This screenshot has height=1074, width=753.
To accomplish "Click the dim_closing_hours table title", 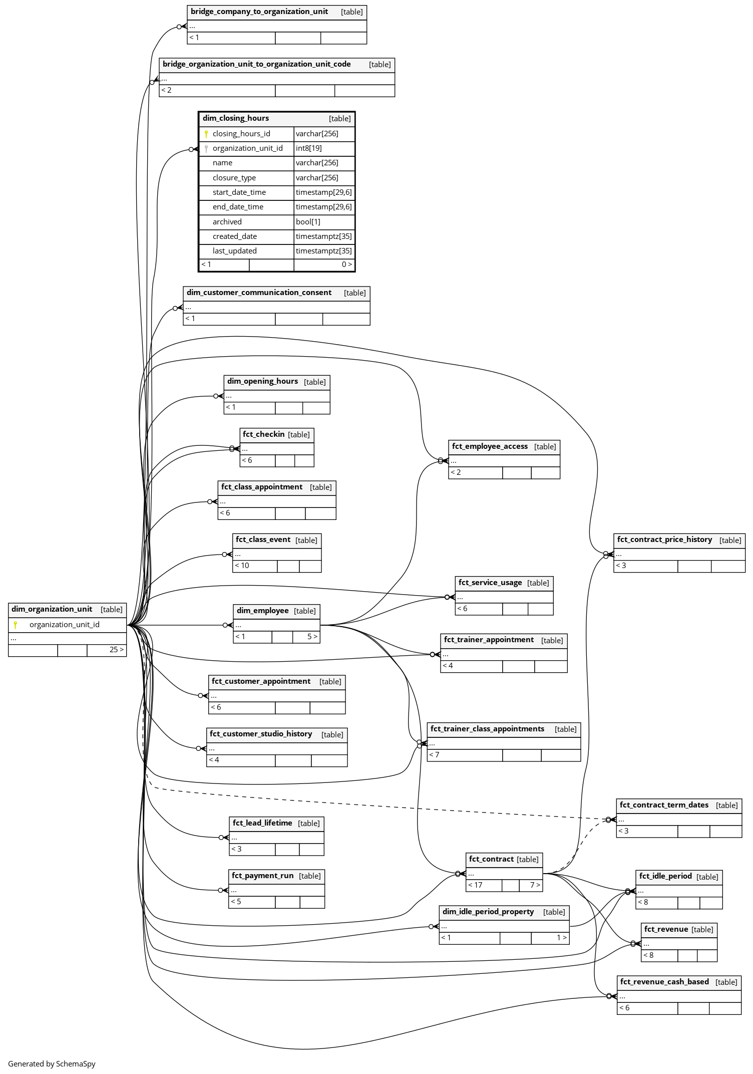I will pos(236,118).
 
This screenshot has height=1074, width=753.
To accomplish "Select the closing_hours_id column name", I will pos(241,134).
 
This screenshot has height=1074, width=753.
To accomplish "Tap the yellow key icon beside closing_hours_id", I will pos(206,134).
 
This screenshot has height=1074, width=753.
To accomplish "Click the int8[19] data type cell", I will pos(309,148).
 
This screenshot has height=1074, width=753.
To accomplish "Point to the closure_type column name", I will pos(234,178).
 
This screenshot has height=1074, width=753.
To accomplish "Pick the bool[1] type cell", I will pos(308,222).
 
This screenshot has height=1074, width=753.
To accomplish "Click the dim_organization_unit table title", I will pos(52,609).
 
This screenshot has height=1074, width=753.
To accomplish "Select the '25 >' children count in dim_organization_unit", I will pos(116,650).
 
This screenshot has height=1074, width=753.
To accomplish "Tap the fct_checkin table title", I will pos(263,434).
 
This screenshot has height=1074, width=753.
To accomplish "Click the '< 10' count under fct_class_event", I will pos(242,566).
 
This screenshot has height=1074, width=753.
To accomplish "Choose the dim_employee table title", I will pos(262,611).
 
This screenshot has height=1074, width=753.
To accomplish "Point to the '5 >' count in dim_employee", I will pos(312,637).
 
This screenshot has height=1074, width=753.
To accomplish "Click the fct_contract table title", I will pos(491,859).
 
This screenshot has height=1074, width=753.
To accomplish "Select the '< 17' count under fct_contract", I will pos(475,885).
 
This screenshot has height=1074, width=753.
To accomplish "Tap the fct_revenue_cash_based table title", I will pos(664,982).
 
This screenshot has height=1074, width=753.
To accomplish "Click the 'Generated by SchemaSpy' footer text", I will pos(52,1064).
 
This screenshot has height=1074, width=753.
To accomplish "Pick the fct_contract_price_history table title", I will pos(664,540).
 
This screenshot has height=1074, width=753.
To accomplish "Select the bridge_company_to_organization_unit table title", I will pos(259,12).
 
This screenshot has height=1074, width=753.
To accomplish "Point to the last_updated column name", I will pos(234,251).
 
